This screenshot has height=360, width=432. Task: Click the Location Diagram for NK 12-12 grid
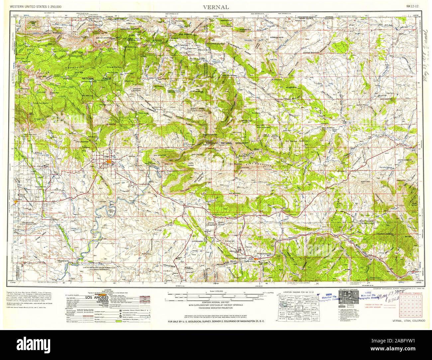[x=295, y=306]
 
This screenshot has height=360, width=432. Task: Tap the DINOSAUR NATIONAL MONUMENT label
[x=226, y=143]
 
